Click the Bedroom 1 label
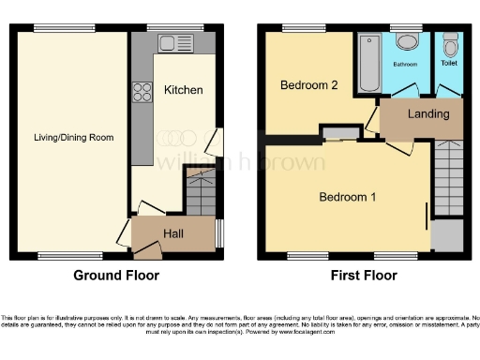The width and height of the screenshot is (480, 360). (347, 198)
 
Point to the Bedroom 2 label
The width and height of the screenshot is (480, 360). (307, 85)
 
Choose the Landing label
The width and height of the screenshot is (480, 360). (427, 113)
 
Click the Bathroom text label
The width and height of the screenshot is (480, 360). (405, 65)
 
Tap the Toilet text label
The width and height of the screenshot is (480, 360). (450, 65)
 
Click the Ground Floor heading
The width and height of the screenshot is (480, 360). (116, 276)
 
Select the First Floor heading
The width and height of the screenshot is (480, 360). (363, 276)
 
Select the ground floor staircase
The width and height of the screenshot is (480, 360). (200, 194)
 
